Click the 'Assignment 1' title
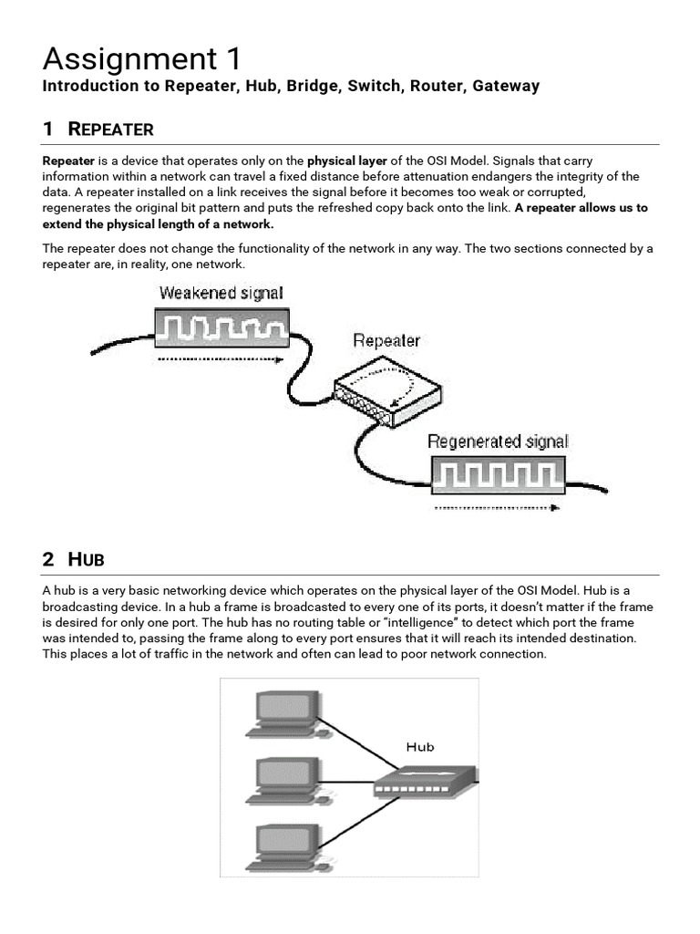pos(142,60)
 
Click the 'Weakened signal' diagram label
pos(221,294)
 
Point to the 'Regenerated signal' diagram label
pos(498,442)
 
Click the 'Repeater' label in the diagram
pos(386,341)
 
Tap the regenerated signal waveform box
pos(498,475)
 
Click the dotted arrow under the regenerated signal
pos(498,507)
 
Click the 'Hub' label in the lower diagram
pos(420,747)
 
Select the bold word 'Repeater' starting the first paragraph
pos(69,161)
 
